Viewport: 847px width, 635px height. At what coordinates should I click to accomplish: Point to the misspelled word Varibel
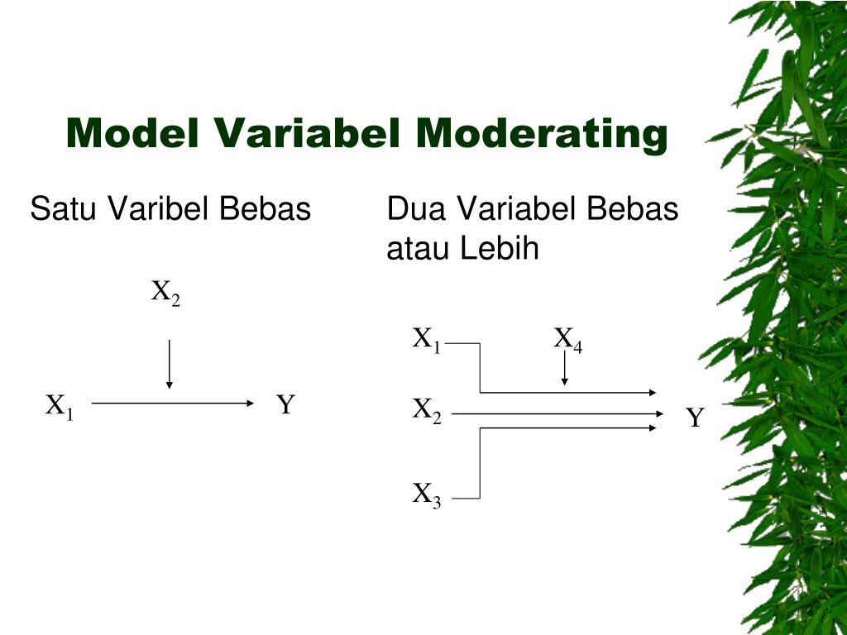click(158, 209)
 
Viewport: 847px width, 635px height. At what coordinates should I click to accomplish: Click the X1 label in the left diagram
click(60, 407)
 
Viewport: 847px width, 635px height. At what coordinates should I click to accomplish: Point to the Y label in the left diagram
click(285, 405)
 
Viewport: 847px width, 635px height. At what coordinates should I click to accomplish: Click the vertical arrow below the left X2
click(169, 364)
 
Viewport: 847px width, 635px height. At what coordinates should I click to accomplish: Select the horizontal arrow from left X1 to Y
click(171, 403)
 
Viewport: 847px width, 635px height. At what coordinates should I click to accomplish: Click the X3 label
click(427, 496)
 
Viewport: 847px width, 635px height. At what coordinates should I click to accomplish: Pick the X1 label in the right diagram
click(427, 340)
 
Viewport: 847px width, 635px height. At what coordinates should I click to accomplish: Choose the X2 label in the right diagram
click(427, 411)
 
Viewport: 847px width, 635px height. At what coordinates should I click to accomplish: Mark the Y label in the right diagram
click(695, 418)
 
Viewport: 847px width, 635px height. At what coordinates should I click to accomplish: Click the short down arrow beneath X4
click(564, 369)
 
